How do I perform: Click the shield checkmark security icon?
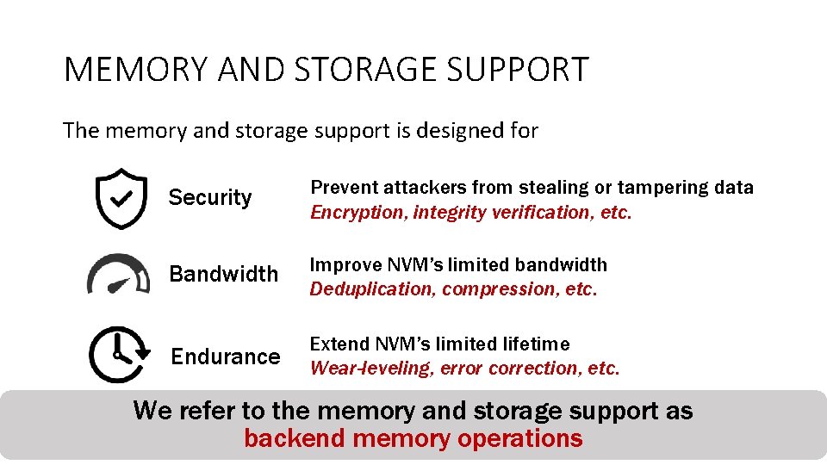click(x=121, y=198)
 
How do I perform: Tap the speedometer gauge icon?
click(x=118, y=274)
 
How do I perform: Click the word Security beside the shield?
click(x=210, y=198)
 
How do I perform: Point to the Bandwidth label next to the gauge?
click(x=223, y=275)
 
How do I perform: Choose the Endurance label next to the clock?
click(x=226, y=356)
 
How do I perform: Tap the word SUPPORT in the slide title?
click(x=522, y=70)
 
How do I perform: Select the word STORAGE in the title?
click(x=370, y=70)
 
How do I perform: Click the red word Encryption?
click(x=358, y=213)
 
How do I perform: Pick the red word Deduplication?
click(x=372, y=289)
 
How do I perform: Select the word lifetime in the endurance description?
click(x=535, y=344)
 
